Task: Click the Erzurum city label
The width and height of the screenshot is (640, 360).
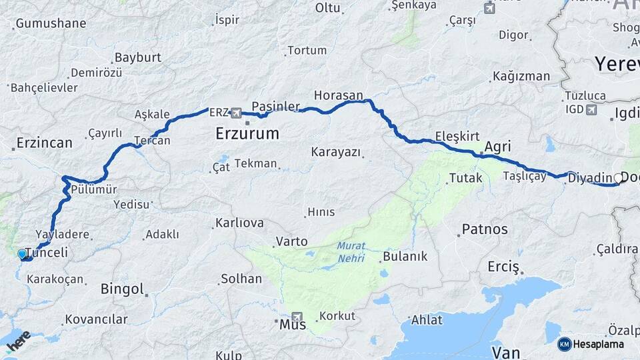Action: [247, 134]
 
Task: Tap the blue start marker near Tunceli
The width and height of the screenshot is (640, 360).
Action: [22, 254]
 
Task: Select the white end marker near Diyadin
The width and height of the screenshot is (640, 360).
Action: [618, 178]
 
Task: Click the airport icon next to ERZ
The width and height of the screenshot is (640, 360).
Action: [235, 113]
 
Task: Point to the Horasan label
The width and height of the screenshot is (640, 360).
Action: [339, 95]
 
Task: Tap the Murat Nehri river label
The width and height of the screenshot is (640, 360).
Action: [351, 251]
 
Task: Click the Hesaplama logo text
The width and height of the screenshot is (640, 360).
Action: [598, 344]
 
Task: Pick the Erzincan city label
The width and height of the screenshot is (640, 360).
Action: [44, 143]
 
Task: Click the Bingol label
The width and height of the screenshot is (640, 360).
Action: [122, 289]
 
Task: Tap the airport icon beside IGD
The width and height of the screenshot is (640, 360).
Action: [591, 109]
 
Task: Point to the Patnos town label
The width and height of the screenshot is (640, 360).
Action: [485, 229]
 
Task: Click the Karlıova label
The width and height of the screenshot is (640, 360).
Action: [239, 223]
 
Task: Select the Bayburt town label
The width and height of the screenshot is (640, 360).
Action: [138, 57]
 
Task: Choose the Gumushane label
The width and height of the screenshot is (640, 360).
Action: [51, 23]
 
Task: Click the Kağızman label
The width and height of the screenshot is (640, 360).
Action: [522, 76]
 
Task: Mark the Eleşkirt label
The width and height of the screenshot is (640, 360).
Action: [457, 136]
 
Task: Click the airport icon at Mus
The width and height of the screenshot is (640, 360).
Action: [297, 317]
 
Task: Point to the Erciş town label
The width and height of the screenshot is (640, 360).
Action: [503, 267]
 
